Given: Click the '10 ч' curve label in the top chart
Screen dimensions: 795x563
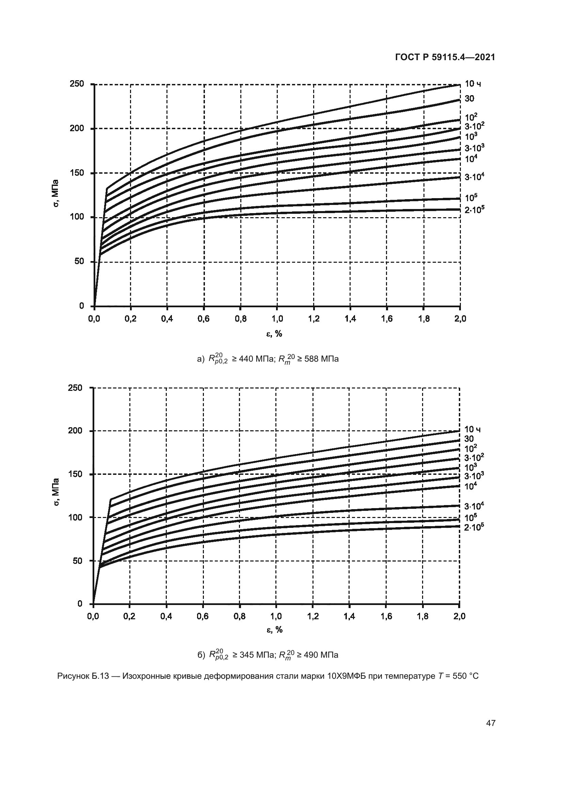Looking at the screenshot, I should pyautogui.click(x=472, y=84).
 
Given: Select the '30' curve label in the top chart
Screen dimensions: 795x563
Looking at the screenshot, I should pyautogui.click(x=469, y=99).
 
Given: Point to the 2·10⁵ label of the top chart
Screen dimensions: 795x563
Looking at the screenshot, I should pyautogui.click(x=474, y=209).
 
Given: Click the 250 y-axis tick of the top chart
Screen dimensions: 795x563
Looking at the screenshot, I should pyautogui.click(x=77, y=84).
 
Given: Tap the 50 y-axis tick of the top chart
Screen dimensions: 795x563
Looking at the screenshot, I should pyautogui.click(x=79, y=261).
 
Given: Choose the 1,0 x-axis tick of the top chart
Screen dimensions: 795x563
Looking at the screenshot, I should pyautogui.click(x=277, y=319).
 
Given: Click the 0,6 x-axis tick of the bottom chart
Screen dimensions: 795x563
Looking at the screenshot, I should pyautogui.click(x=203, y=616).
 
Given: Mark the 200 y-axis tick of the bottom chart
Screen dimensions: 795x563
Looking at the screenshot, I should pyautogui.click(x=76, y=431).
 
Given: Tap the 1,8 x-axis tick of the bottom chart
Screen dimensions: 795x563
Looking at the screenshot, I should pyautogui.click(x=423, y=616).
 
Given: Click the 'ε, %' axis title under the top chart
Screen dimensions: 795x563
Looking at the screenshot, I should pyautogui.click(x=274, y=334).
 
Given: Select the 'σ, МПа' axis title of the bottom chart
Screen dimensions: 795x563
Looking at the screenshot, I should pyautogui.click(x=57, y=492).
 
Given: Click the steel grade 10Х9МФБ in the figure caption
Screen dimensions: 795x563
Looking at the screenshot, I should pyautogui.click(x=346, y=676).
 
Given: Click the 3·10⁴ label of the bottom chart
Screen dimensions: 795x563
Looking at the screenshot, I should pyautogui.click(x=473, y=506).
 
